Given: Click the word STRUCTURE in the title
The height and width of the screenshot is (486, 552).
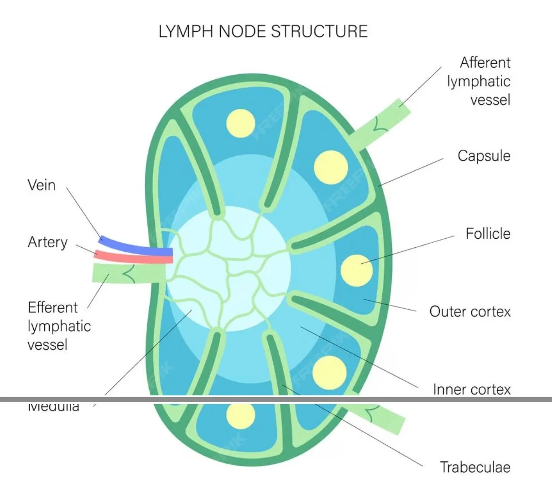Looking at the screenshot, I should [x=319, y=31].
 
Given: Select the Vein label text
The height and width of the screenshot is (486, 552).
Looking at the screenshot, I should [x=42, y=185].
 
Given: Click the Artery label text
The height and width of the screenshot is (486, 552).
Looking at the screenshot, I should [x=47, y=242].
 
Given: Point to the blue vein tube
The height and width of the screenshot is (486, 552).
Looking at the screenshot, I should [x=137, y=246].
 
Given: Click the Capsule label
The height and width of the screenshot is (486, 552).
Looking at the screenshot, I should [x=484, y=156].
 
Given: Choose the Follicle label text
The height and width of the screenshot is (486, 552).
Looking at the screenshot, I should [x=488, y=234].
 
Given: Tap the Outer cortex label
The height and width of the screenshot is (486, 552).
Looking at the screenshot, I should [x=470, y=312].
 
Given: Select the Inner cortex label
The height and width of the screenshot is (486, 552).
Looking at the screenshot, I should [x=472, y=389].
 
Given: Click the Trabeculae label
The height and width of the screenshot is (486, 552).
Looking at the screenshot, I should [x=475, y=467].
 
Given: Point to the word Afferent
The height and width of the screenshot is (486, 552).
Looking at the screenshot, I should [x=485, y=62].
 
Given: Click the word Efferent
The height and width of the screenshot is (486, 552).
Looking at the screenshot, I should [x=52, y=307].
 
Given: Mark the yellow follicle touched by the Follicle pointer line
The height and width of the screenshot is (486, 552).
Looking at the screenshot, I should [x=356, y=270].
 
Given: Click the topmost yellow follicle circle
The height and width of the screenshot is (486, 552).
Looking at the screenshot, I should [x=240, y=123].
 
